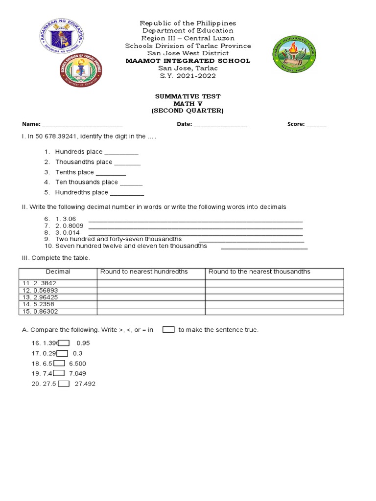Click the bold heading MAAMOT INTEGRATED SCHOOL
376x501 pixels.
click(188, 61)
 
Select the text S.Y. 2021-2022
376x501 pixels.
click(188, 76)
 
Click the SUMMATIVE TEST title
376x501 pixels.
click(188, 96)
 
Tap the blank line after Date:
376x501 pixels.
click(220, 125)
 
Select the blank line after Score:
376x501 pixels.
click(316, 125)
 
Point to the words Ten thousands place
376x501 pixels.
click(86, 182)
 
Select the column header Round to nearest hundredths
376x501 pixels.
click(144, 272)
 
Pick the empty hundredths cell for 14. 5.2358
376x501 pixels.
click(151, 304)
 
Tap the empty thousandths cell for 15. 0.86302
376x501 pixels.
click(274, 311)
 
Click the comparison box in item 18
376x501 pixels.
click(59, 363)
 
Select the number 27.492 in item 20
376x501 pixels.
click(85, 384)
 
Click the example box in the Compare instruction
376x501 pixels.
click(168, 330)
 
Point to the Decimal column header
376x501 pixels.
click(58, 272)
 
